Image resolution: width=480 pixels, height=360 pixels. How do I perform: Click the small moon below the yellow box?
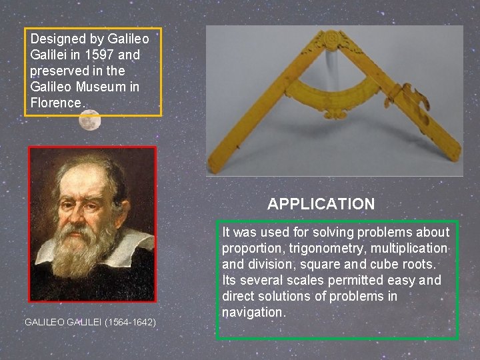coord(89,121)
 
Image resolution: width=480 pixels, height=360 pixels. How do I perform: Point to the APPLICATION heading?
coord(321,204)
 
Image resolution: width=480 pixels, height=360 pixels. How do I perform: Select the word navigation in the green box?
coord(253,312)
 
